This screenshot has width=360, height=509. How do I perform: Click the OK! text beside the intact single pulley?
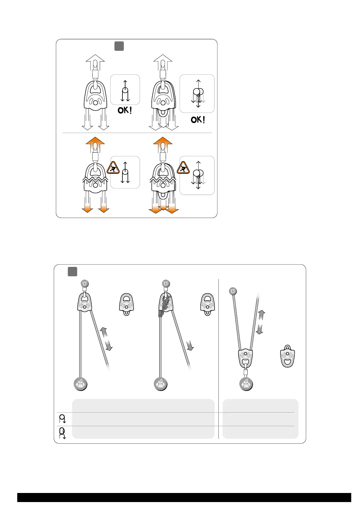point(125,110)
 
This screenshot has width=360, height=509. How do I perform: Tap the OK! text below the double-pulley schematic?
point(198,120)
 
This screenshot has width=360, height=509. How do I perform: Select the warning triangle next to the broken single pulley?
point(113,168)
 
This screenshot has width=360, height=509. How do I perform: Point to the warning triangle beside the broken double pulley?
point(183,168)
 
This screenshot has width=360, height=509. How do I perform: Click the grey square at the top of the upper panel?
point(119,46)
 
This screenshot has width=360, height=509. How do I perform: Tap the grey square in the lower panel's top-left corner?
point(72,271)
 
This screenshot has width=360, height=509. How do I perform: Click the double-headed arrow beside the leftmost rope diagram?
point(106,339)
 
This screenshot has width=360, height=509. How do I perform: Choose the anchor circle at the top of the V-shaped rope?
point(233,291)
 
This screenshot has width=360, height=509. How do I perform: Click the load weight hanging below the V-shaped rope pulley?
point(246,384)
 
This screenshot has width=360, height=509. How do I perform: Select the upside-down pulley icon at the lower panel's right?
point(287,357)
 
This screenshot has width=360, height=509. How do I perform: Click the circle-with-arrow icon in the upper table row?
point(63,419)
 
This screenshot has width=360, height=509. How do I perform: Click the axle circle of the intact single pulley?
point(95,103)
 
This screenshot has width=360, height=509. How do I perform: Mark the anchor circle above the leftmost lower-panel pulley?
point(85,284)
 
